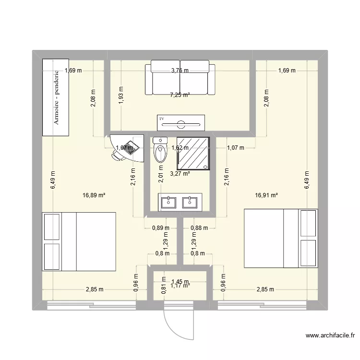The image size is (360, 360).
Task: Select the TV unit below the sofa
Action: click(181, 123)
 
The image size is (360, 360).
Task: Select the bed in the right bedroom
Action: click(281, 238)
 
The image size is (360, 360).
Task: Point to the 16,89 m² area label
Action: click(94, 195)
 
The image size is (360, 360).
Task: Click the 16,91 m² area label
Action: click(267, 195)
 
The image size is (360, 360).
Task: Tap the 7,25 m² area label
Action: click(180, 95)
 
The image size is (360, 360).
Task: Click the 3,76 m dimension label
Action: click(180, 71)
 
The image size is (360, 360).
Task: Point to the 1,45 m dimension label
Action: click(180, 282)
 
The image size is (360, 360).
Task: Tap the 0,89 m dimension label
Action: click(160, 228)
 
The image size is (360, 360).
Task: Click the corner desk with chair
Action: click(126, 147)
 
